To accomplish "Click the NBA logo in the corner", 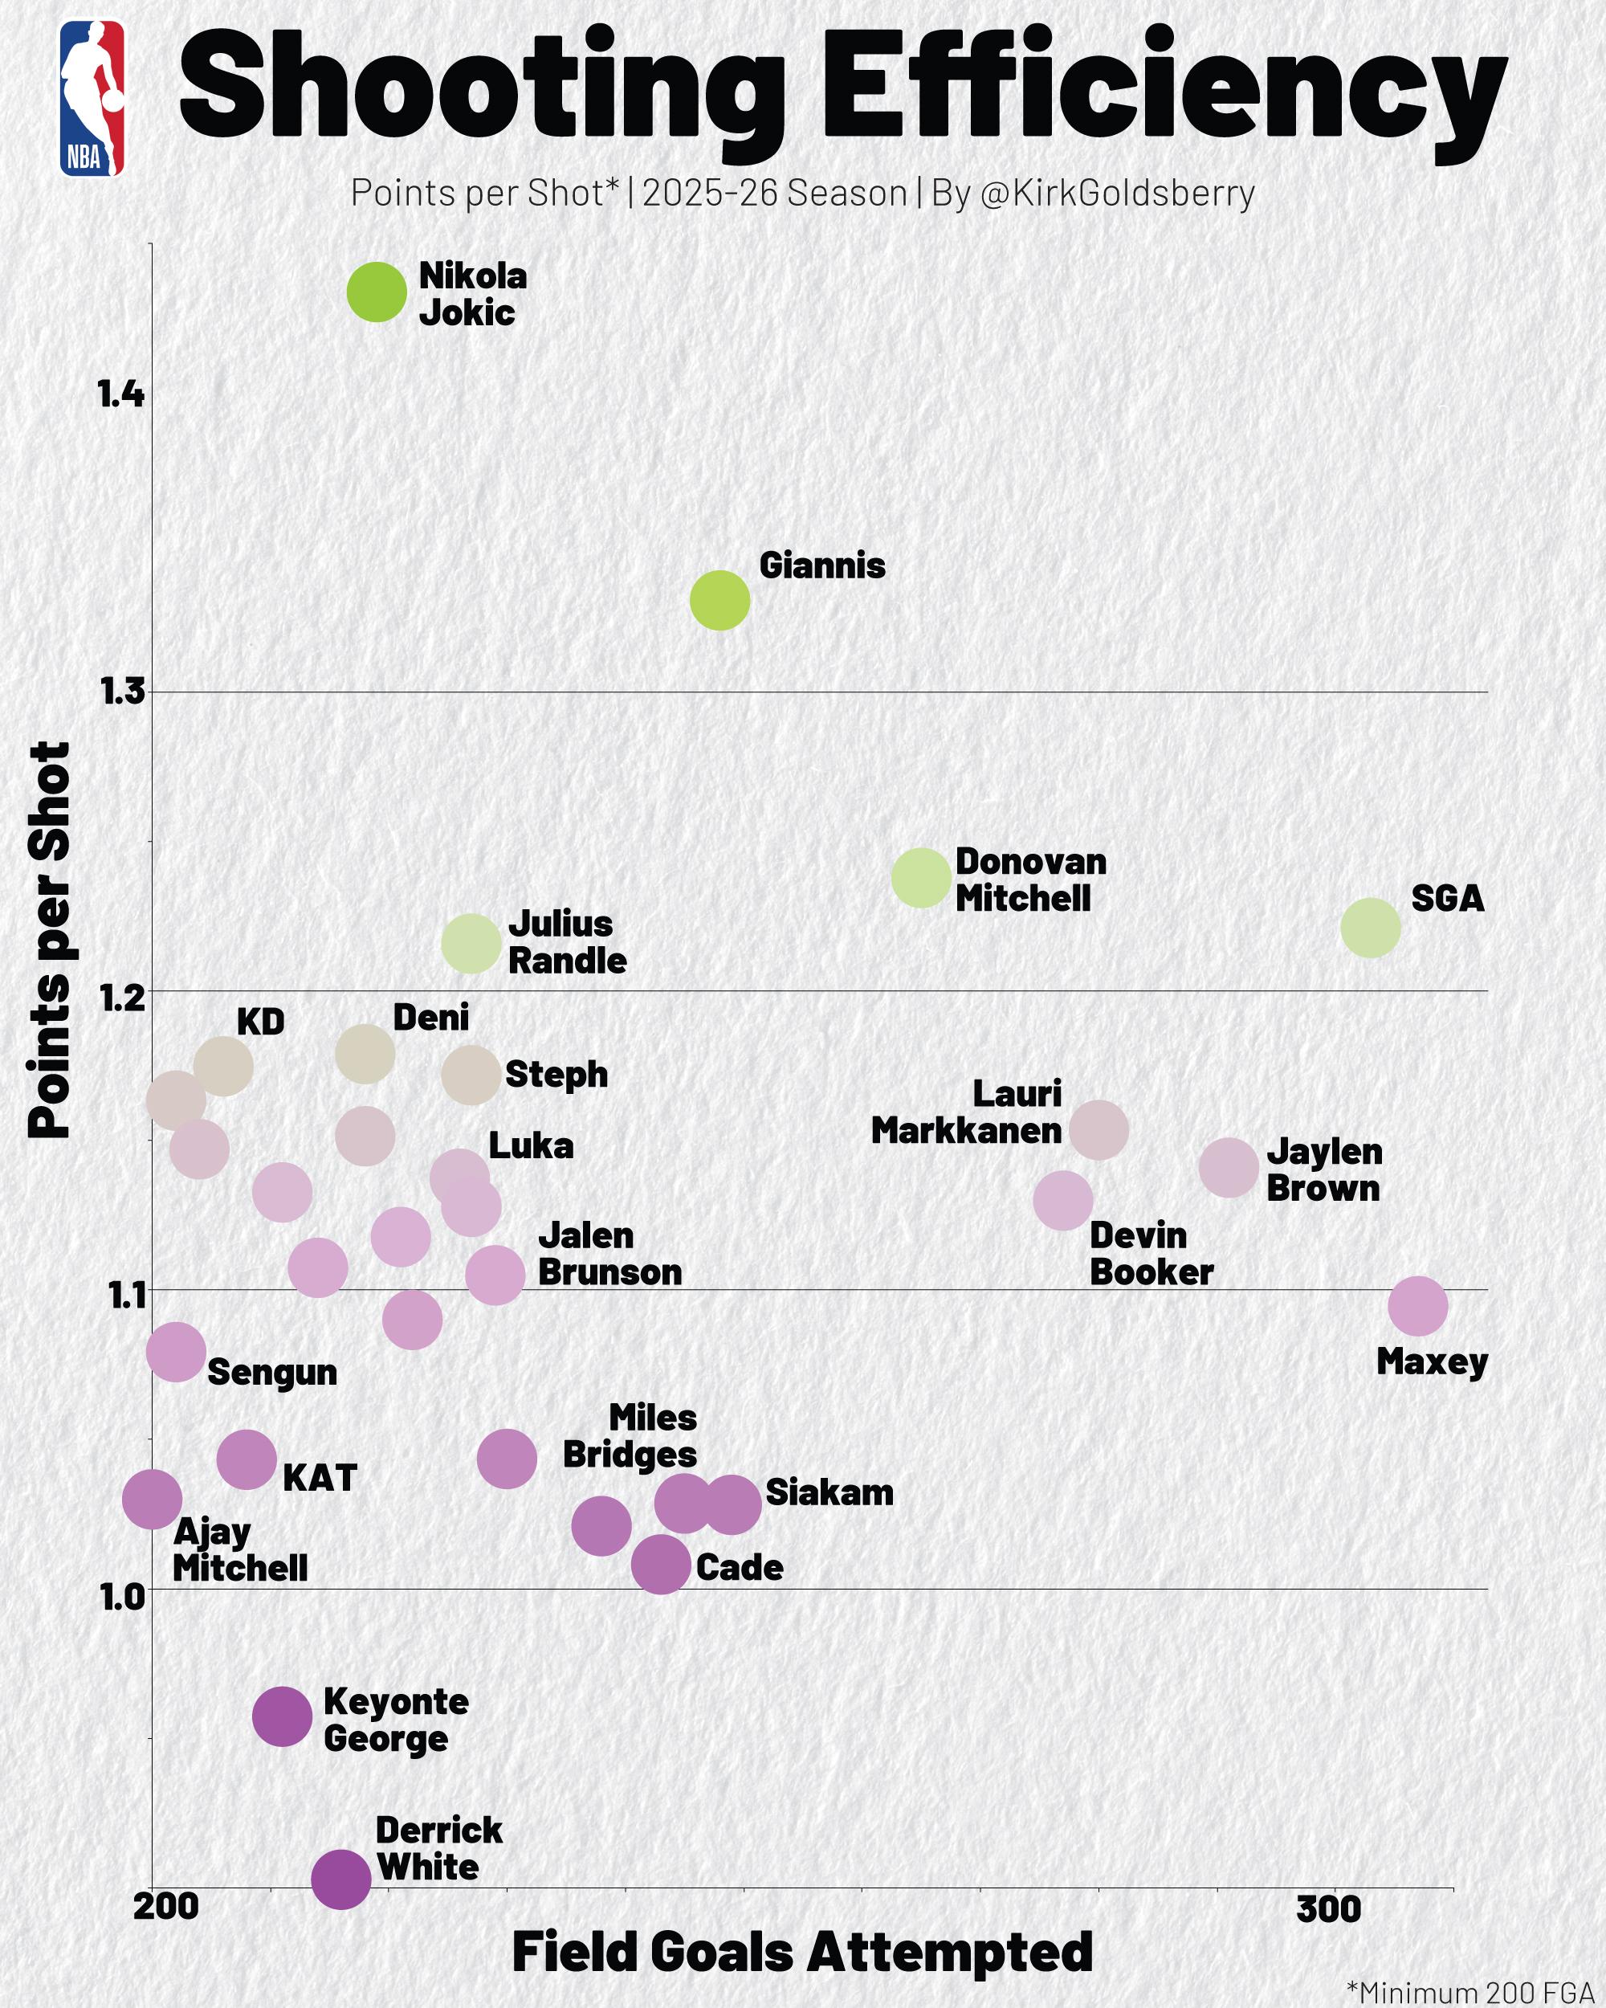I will tap(92, 99).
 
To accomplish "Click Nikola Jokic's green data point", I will tap(377, 292).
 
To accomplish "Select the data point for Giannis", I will tap(719, 601).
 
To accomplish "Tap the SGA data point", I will tap(1371, 928).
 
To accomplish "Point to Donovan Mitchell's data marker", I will tap(921, 877).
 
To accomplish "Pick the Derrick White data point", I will tap(340, 1879).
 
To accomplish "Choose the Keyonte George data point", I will tap(282, 1716).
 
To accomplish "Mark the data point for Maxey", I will tap(1418, 1306).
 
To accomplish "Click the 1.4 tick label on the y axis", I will tap(121, 394).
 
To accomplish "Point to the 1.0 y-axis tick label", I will tap(121, 1596).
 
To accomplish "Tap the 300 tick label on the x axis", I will tap(1328, 1908).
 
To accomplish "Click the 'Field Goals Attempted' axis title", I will tap(802, 1952).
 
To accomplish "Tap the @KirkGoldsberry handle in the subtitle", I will tap(1117, 193).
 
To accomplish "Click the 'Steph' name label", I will tap(556, 1074).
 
